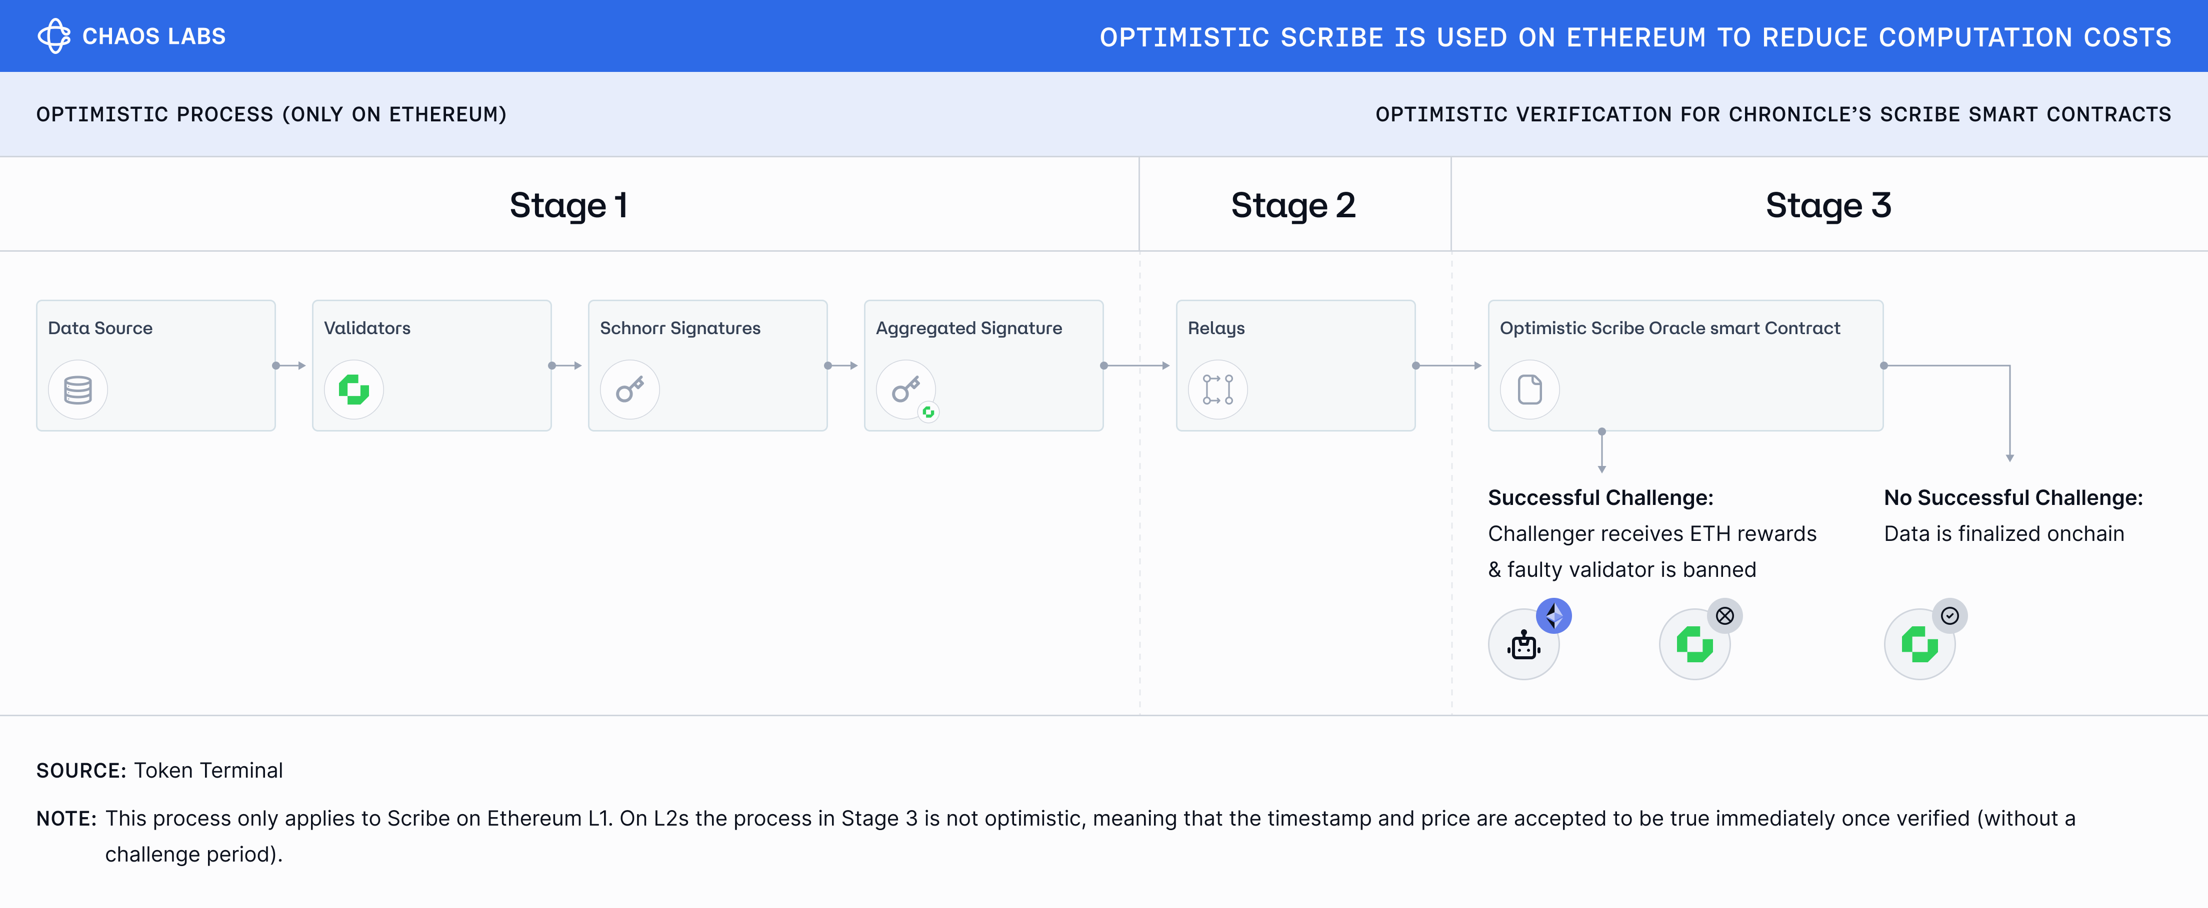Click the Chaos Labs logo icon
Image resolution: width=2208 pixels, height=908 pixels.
(x=54, y=36)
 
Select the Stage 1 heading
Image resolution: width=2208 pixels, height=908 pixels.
(x=568, y=206)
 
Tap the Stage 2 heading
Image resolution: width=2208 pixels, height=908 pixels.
(x=1293, y=206)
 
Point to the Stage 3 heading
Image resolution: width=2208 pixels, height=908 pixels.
(x=1828, y=206)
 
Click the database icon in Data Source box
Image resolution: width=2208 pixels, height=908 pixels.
(x=78, y=390)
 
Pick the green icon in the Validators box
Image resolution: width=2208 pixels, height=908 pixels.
(x=354, y=390)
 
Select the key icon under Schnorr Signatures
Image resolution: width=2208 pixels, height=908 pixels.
(x=630, y=390)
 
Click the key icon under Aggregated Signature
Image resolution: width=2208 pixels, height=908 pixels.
(x=906, y=390)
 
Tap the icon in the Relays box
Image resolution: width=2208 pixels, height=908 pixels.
(x=1218, y=390)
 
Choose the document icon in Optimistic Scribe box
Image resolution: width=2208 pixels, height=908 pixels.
(x=1530, y=390)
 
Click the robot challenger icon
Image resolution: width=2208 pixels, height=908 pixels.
(x=1524, y=645)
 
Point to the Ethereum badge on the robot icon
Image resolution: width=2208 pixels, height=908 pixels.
(x=1554, y=616)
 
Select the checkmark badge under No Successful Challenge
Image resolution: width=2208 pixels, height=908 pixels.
(x=1950, y=616)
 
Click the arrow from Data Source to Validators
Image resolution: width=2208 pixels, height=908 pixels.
(x=289, y=366)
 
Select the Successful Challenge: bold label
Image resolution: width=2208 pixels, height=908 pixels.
(x=1601, y=497)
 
